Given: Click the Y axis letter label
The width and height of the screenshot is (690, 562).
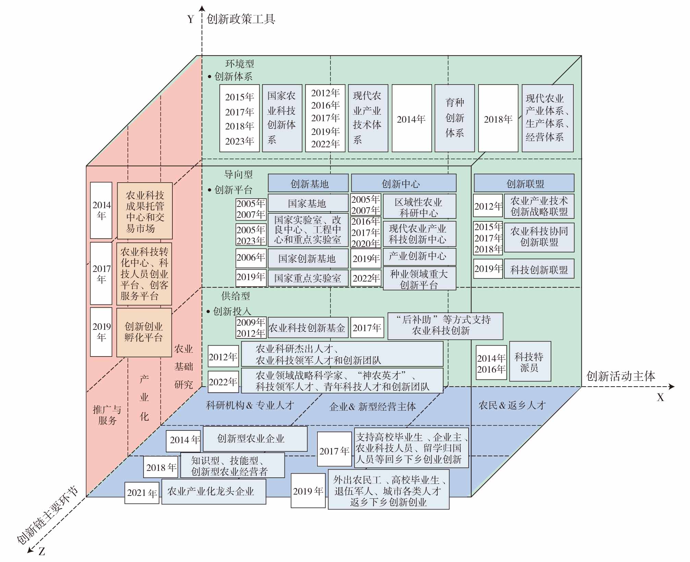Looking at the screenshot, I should coord(191,19).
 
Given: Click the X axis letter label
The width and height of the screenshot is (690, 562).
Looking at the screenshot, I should coord(660,397).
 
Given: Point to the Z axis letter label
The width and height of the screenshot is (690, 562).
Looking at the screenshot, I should coord(41,551).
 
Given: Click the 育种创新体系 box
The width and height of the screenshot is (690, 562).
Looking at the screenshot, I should coord(455,118).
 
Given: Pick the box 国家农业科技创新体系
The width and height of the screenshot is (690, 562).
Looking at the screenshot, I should coord(282,118).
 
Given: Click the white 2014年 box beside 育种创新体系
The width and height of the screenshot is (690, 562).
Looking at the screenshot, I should coord(411,118).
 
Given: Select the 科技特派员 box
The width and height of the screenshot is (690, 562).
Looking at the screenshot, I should coord(530,361).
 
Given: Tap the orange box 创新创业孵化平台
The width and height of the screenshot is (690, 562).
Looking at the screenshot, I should coord(144,332).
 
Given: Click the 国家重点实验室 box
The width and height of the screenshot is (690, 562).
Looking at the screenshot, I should coord(308,278).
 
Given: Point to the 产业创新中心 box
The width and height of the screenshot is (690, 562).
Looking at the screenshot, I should coord(419,256).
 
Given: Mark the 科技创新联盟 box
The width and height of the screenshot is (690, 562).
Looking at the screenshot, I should coord(539,269).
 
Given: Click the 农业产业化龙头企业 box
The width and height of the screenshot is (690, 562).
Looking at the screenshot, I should coord(214,491).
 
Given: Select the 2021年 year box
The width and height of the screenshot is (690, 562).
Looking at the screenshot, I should coord(142,493).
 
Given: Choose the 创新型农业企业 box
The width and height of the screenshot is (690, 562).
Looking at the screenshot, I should coord(255,439).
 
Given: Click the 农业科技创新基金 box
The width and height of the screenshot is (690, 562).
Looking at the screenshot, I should coord(307,328).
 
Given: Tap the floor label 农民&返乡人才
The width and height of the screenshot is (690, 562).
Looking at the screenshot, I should coord(511,405).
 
